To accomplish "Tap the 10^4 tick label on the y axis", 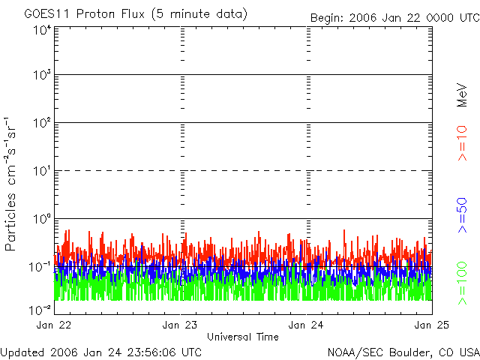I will (x=41, y=30).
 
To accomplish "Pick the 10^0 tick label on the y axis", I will (x=41, y=220).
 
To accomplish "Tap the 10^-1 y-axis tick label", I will (x=40, y=267).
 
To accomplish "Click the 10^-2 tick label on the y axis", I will (x=40, y=308).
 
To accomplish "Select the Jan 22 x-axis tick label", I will (x=55, y=325).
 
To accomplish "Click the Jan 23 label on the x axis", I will (x=181, y=325).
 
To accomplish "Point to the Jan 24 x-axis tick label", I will (x=306, y=325).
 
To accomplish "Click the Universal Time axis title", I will (x=242, y=337).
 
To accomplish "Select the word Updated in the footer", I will (x=21, y=352).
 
